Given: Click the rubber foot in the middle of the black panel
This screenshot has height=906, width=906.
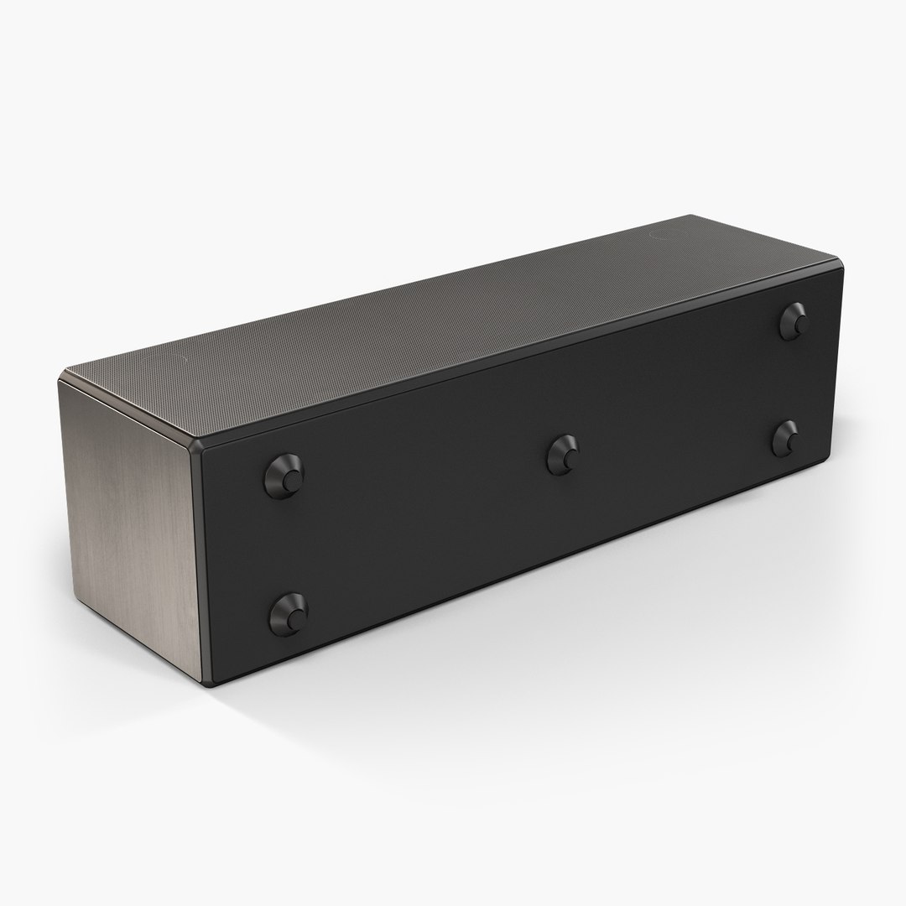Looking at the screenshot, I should point(562,456).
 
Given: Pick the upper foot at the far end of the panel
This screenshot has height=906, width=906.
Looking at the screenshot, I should point(793,320).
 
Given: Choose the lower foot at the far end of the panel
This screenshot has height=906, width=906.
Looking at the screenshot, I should point(786,437).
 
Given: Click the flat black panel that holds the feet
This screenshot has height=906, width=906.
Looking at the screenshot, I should point(503,520).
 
